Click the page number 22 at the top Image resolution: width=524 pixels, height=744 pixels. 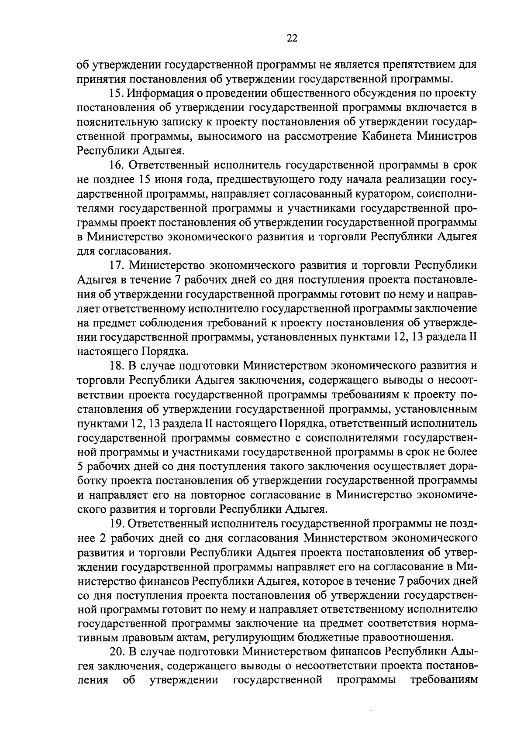click(x=292, y=38)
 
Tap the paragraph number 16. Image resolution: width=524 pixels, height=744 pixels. click(x=116, y=165)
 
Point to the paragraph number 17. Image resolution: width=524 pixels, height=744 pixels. click(x=116, y=265)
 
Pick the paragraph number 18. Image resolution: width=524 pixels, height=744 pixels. click(x=116, y=365)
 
